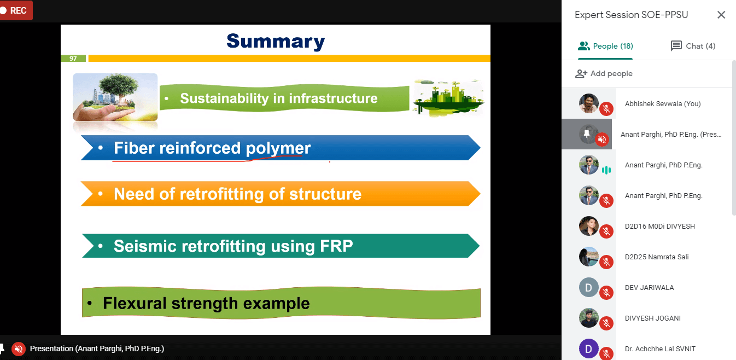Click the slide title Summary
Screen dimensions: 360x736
coord(276,41)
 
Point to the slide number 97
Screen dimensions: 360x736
coord(73,59)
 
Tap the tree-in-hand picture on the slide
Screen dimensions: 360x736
coord(115,97)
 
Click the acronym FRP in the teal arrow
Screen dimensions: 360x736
coord(336,246)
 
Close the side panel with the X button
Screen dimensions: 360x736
coord(721,15)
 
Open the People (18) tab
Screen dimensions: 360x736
coord(605,46)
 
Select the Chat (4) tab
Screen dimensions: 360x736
coord(693,46)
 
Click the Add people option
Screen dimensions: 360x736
coord(604,73)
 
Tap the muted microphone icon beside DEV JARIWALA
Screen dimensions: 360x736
coord(606,293)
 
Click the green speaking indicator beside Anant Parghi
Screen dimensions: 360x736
coord(606,170)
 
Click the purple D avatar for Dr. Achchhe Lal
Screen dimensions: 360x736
coord(589,349)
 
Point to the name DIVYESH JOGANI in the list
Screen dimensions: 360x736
coord(653,318)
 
